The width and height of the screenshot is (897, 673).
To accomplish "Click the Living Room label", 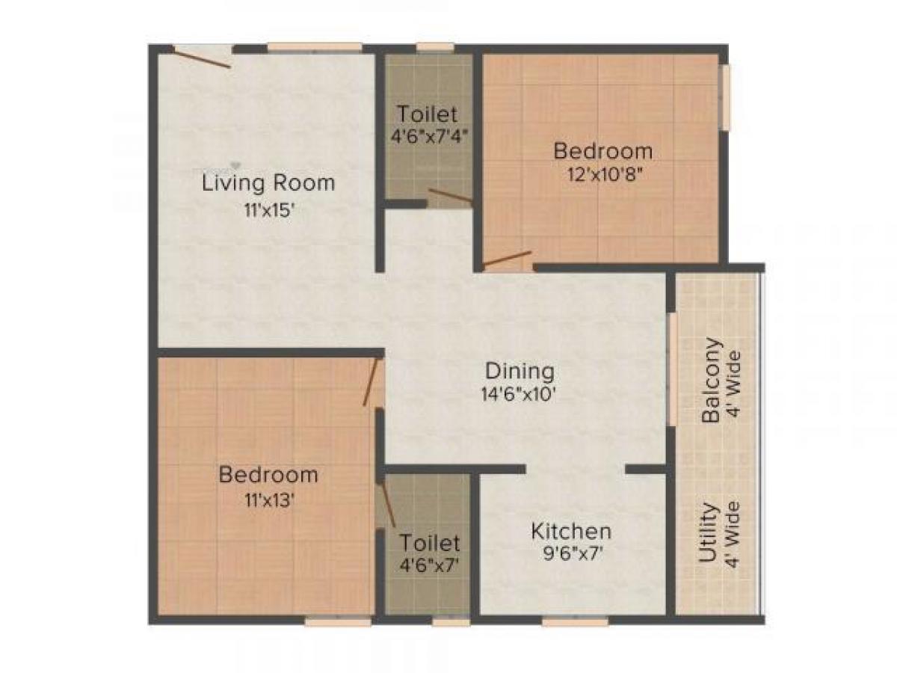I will tap(268, 182).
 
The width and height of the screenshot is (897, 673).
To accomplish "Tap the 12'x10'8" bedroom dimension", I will tap(602, 179).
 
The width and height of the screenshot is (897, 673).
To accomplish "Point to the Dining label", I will tap(520, 371).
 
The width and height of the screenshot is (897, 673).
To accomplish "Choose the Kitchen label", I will tap(571, 532).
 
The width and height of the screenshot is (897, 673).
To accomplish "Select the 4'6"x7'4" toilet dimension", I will tap(427, 139).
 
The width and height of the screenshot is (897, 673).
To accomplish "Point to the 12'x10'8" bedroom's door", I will tap(508, 259).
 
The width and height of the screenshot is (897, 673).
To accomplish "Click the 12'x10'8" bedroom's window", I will tap(723, 98).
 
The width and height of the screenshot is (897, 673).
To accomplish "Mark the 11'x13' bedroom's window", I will tap(338, 621).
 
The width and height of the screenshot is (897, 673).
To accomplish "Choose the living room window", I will tap(315, 48).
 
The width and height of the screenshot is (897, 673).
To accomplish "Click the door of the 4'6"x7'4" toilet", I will tap(449, 196).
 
